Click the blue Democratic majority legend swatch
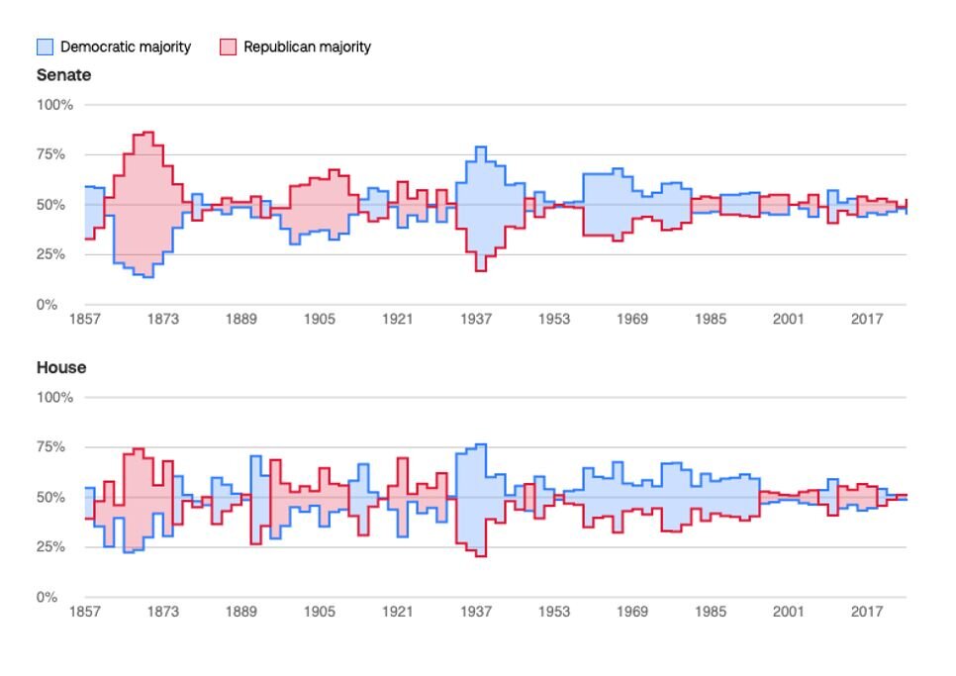click(x=46, y=47)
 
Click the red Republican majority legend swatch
click(x=228, y=47)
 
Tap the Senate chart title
click(x=64, y=75)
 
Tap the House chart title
click(x=61, y=367)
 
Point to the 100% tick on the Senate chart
click(x=54, y=105)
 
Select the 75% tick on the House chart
click(x=50, y=446)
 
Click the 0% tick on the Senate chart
click(x=47, y=304)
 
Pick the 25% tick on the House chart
click(x=50, y=546)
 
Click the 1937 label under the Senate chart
click(x=476, y=319)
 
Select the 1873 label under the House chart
click(x=162, y=612)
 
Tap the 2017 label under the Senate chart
click(x=867, y=319)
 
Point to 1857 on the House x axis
click(x=85, y=612)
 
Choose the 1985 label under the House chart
click(x=711, y=612)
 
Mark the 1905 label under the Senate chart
click(x=320, y=319)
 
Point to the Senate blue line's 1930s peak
click(x=481, y=146)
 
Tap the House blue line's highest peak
click(x=481, y=444)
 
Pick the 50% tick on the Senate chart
click(x=50, y=205)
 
